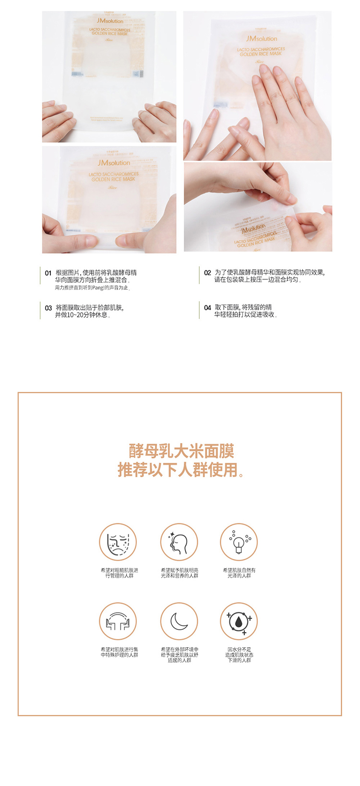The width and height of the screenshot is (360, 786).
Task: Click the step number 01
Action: tap(48, 273)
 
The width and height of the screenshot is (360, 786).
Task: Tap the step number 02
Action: tap(207, 273)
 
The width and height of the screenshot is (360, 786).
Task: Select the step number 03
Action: tap(48, 308)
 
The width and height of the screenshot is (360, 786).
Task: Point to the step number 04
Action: tap(207, 308)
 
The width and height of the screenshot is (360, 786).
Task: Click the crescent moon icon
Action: tap(179, 621)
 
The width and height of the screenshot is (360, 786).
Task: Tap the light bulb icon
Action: tap(239, 542)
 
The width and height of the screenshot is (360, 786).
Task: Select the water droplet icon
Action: tap(239, 621)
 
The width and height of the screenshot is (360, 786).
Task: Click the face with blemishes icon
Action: tap(118, 542)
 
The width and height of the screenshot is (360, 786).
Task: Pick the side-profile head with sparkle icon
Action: tap(179, 542)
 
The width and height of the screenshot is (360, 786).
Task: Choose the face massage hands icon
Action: tap(118, 621)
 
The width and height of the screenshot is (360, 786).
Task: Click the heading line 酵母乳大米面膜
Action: tap(181, 451)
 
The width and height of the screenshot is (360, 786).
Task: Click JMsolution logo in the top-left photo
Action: tap(109, 21)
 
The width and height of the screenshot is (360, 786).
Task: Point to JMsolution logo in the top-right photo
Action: tap(262, 38)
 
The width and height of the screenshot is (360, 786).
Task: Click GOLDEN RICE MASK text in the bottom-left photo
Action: tap(113, 179)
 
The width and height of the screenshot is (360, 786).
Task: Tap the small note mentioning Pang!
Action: tap(92, 288)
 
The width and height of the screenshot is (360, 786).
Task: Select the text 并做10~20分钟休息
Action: tap(83, 315)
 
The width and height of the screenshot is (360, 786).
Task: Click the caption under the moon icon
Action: tap(179, 654)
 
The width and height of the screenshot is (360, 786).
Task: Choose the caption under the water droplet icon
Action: tap(239, 654)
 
